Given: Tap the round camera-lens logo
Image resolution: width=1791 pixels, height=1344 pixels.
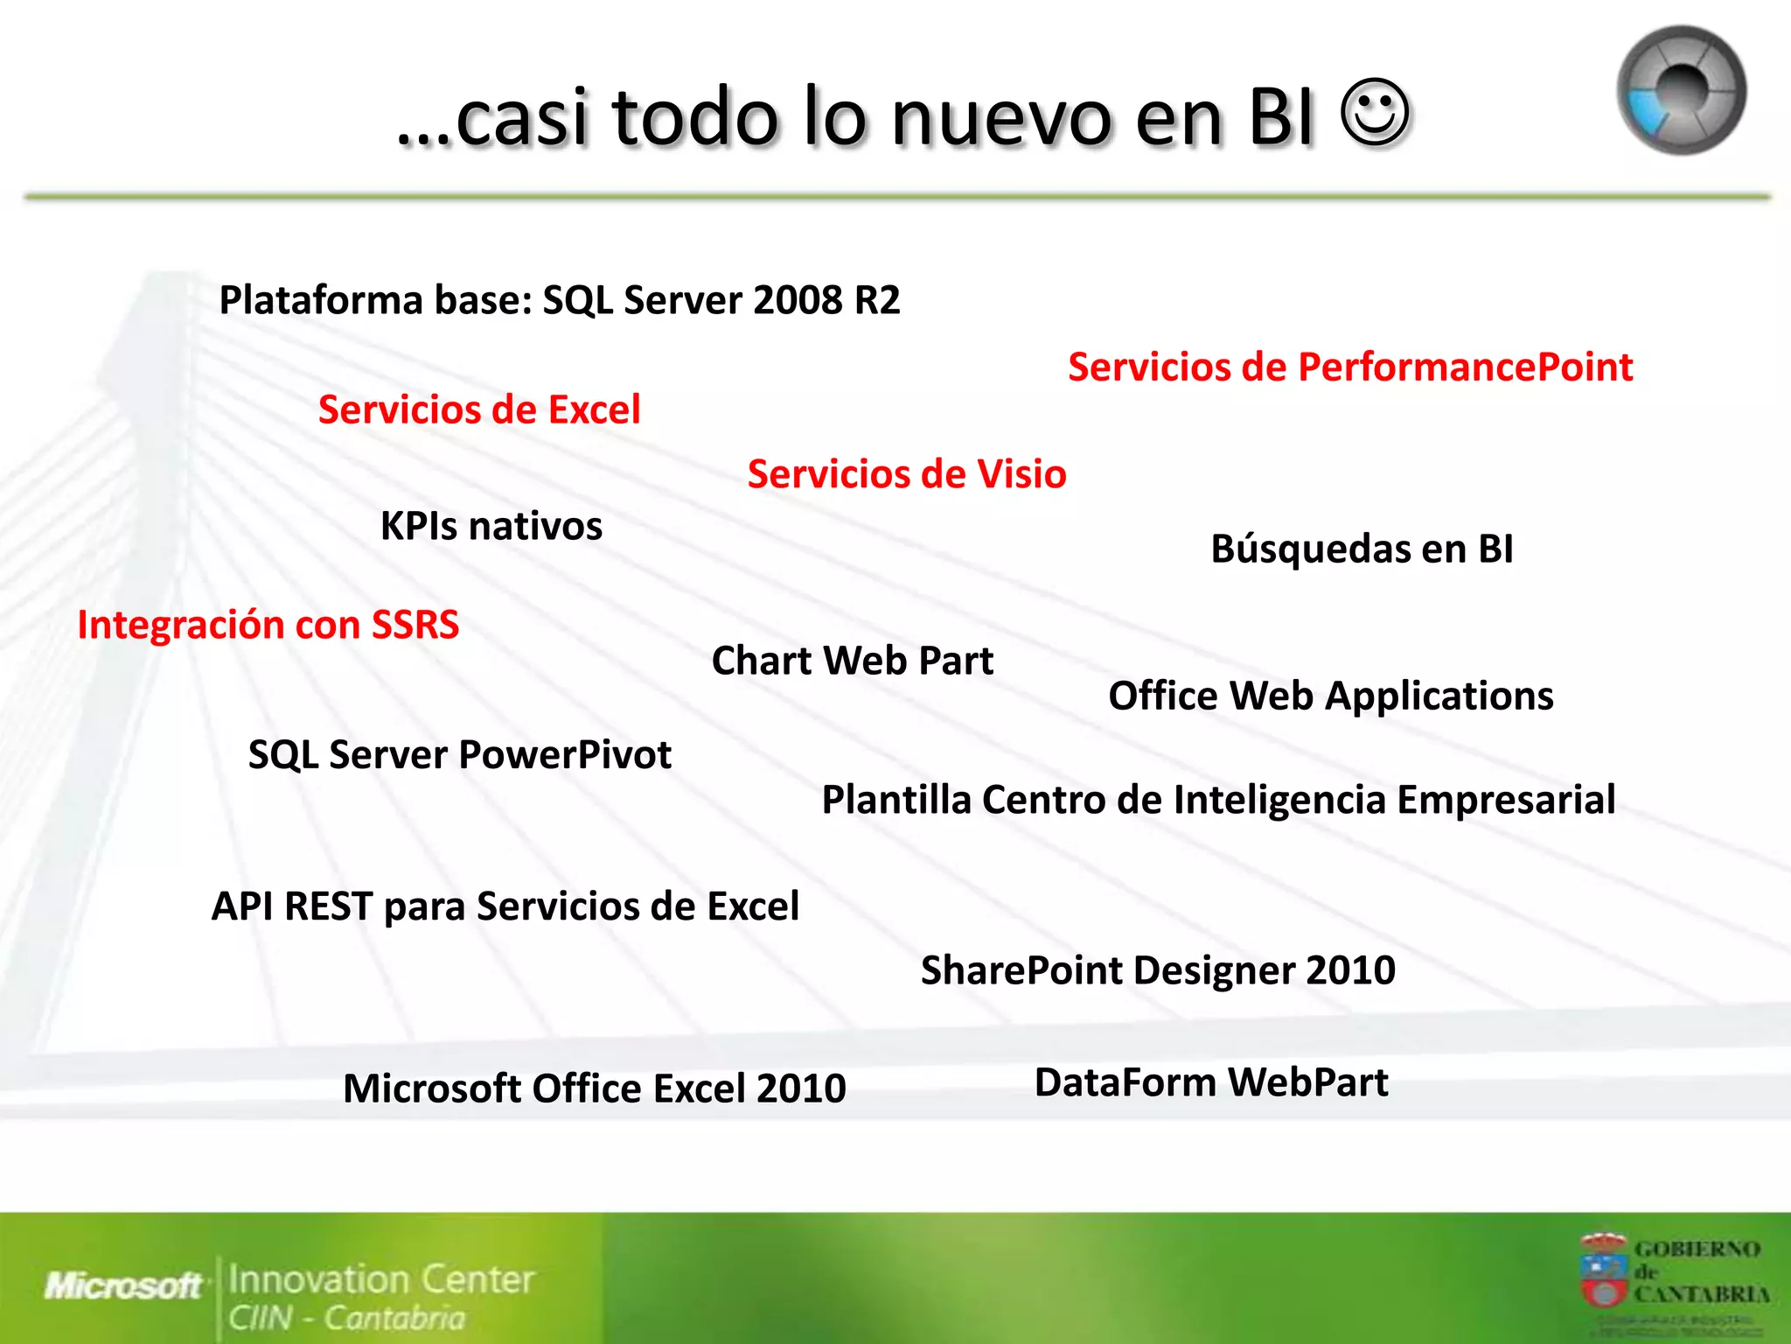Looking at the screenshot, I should click(1681, 90).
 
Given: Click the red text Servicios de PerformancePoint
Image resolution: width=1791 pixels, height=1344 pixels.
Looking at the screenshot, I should click(1349, 367).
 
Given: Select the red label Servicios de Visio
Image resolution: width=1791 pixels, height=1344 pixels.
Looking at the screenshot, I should click(907, 474).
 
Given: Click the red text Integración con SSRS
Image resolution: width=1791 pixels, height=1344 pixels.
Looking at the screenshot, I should click(268, 625).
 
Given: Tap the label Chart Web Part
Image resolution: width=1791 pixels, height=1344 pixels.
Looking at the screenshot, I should click(853, 661).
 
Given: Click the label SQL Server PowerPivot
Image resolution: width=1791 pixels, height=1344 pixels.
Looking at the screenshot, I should click(460, 755).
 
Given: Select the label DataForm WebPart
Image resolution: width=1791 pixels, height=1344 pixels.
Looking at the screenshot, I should click(1211, 1082).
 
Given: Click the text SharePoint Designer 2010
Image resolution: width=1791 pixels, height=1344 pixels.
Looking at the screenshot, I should click(1158, 970).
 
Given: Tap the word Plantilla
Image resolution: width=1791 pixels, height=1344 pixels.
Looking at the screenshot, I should click(895, 800).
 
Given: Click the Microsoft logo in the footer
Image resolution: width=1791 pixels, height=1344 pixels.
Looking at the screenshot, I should click(123, 1285).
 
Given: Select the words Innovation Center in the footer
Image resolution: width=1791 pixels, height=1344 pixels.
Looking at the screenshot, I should click(381, 1279).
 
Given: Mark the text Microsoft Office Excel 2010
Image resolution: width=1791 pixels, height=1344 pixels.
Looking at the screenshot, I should click(595, 1088).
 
